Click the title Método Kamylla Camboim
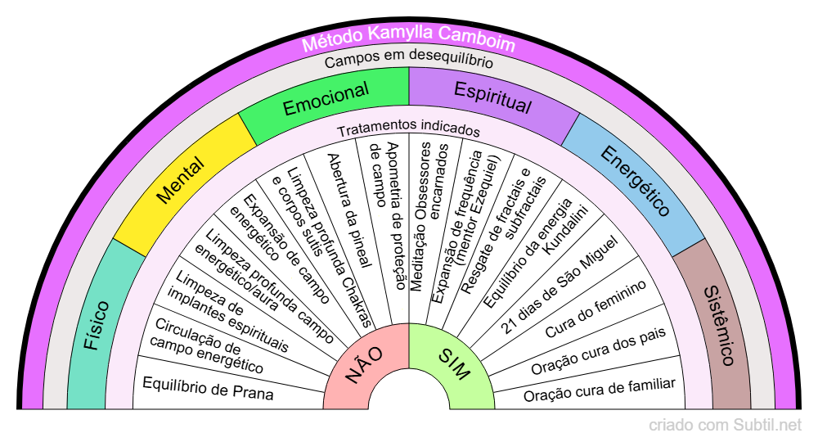pos(408,43)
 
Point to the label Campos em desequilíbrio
pos(408,61)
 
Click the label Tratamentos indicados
pos(408,130)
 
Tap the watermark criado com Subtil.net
pos(725,426)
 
